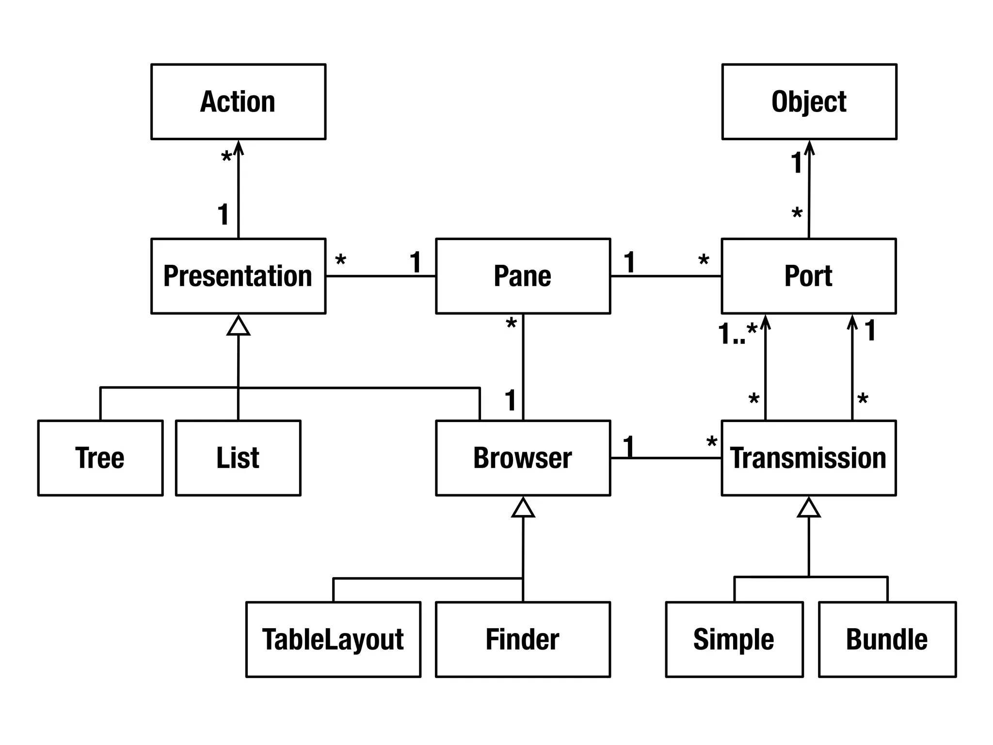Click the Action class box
pyautogui.click(x=238, y=102)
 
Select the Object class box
pyautogui.click(x=809, y=102)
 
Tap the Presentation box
pyautogui.click(x=238, y=276)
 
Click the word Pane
pyautogui.click(x=522, y=276)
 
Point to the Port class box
pyautogui.click(x=808, y=276)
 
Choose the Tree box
pyautogui.click(x=100, y=458)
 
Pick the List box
pyautogui.click(x=238, y=458)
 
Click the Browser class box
pyautogui.click(x=523, y=458)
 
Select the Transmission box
pyautogui.click(x=808, y=458)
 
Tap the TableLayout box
pyautogui.click(x=333, y=639)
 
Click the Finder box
pyautogui.click(x=523, y=639)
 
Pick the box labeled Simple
pyautogui.click(x=734, y=639)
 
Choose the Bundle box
pyautogui.click(x=887, y=639)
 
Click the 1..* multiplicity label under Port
pyautogui.click(x=737, y=333)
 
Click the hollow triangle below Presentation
pyautogui.click(x=238, y=326)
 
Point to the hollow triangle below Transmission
pyautogui.click(x=809, y=508)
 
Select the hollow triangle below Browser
pyautogui.click(x=523, y=508)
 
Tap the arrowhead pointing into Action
pyautogui.click(x=238, y=146)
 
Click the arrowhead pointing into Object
pyautogui.click(x=809, y=146)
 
